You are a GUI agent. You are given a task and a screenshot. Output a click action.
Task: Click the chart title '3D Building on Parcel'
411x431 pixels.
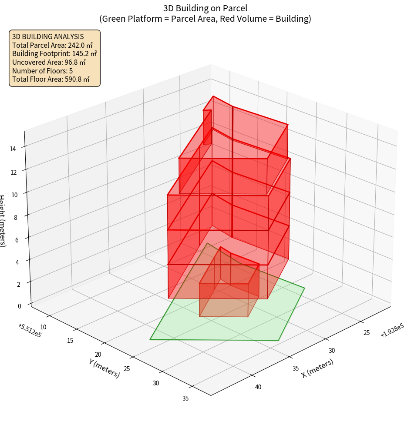(205, 8)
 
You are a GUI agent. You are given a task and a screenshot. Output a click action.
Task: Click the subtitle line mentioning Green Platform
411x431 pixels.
(205, 19)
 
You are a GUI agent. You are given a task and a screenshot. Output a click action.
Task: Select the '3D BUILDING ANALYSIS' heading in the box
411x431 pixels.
(48, 36)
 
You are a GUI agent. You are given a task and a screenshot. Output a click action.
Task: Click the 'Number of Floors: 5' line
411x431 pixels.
(42, 70)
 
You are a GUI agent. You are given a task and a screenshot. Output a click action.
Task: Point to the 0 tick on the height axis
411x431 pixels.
(19, 306)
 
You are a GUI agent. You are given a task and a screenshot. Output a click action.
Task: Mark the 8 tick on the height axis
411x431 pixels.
(15, 216)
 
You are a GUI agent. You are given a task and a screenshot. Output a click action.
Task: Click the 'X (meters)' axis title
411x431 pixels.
(318, 368)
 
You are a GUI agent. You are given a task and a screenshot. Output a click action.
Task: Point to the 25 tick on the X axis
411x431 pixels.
(367, 333)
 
